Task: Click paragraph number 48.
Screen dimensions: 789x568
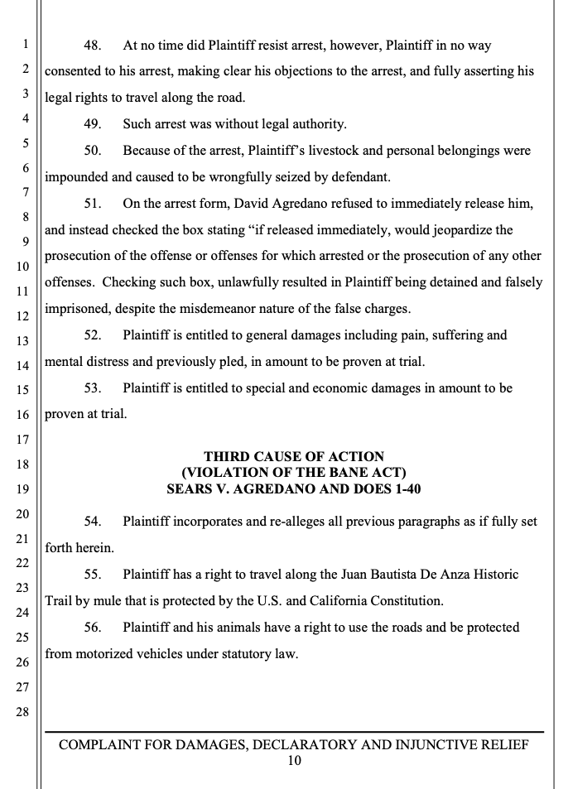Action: click(93, 46)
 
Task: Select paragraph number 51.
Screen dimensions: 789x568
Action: click(93, 204)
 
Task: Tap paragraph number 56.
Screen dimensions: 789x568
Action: click(93, 628)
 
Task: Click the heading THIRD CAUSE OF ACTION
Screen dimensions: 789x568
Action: click(294, 456)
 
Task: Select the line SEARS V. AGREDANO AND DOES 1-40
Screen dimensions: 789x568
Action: click(294, 488)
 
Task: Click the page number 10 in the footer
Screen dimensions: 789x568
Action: click(294, 761)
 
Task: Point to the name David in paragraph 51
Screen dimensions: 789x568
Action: click(248, 204)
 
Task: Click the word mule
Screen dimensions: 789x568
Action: click(103, 601)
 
